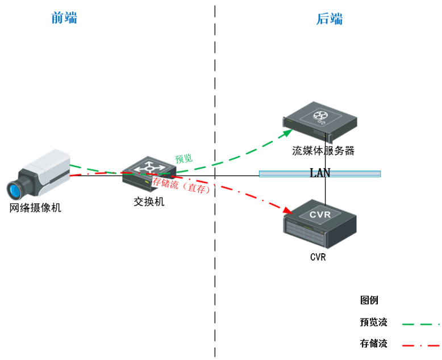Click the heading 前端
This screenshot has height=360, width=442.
[x=64, y=18]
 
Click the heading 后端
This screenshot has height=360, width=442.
[x=330, y=19]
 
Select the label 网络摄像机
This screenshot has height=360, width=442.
[x=35, y=208]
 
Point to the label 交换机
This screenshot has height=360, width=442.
[x=149, y=201]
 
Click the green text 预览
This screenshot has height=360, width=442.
[x=184, y=158]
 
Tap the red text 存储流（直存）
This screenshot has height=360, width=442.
[x=181, y=186]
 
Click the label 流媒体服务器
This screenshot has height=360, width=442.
[x=323, y=150]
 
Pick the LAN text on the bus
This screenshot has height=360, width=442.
[x=320, y=173]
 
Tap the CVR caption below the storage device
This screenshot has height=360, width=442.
[x=318, y=257]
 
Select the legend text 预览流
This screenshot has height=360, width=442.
[x=373, y=323]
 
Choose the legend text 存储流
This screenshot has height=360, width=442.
[x=373, y=344]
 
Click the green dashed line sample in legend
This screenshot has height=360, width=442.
[x=420, y=324]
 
